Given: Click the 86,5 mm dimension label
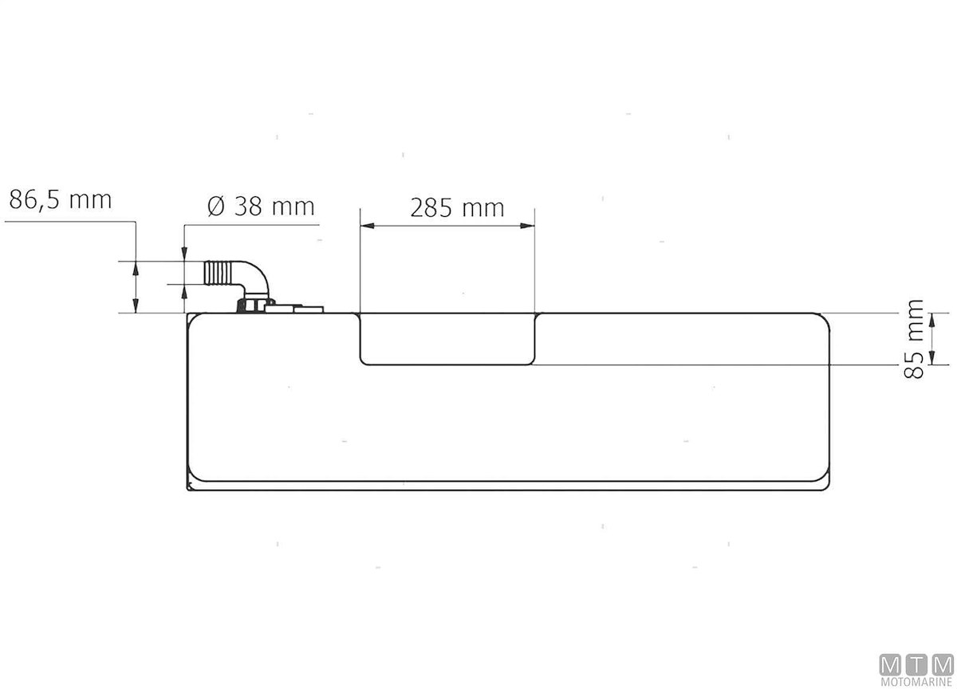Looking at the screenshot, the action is coord(61,199).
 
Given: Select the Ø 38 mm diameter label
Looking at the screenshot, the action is coord(261,207).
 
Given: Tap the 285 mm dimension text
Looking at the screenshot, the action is coord(457,208).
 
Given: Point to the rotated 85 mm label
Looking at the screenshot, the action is coord(914,339).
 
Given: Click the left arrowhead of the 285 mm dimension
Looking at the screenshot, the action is coord(368,226).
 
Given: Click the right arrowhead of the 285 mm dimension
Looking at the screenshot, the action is coord(527,226).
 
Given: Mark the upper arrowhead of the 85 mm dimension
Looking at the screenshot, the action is coord(932,320).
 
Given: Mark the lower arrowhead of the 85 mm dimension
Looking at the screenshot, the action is coord(932,358).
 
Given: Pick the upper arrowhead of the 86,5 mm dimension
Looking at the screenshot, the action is coord(136,268).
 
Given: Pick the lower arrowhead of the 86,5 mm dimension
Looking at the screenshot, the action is coord(136,306).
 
